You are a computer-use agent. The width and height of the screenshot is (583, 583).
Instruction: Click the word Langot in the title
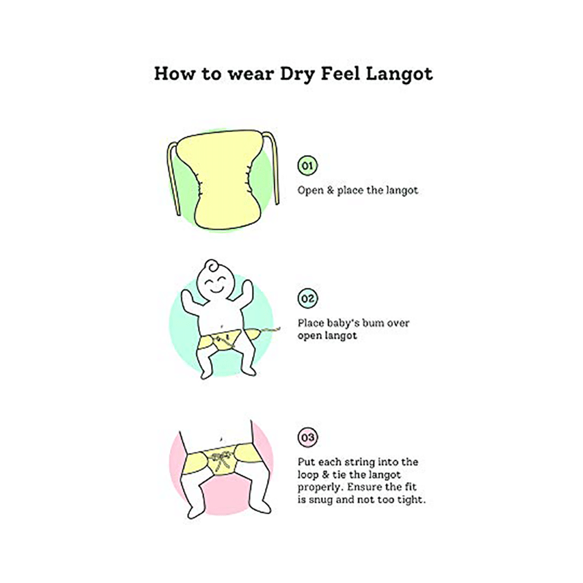tap(399, 73)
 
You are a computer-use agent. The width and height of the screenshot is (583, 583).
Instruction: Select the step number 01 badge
tap(307, 166)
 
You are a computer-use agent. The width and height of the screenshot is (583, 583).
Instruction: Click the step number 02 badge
tap(307, 298)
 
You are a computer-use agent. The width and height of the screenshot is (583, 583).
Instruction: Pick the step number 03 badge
tap(307, 437)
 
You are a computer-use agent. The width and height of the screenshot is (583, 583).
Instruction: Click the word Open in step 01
tap(310, 191)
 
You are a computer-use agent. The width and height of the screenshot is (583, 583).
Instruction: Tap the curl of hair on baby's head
tap(212, 265)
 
